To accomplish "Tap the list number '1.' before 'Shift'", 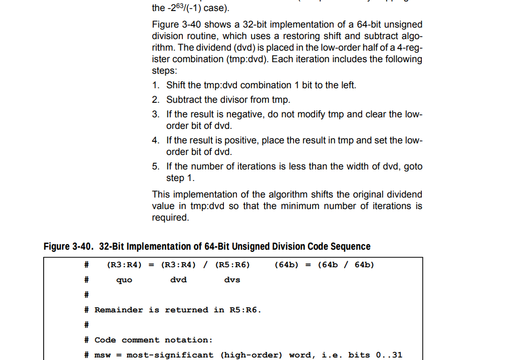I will (156, 85).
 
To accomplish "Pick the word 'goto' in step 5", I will (413, 166).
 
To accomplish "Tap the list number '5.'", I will (156, 166).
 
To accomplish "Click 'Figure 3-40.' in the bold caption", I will (69, 247).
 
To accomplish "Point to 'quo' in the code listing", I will (124, 280).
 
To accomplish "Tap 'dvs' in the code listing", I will (232, 280).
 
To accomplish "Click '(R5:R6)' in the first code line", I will (232, 265).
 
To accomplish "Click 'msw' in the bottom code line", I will (103, 355).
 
